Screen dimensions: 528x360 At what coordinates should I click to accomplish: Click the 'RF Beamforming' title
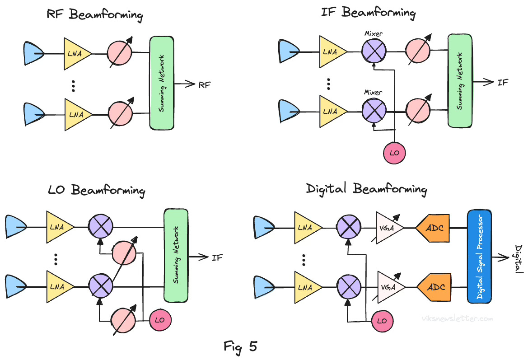(95, 15)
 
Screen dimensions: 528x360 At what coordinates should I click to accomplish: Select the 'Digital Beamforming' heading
(366, 189)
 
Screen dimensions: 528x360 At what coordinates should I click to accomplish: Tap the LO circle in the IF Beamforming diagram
(394, 153)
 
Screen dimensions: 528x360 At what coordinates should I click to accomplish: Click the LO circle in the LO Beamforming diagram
(160, 320)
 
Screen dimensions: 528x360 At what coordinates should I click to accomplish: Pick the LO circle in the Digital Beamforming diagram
(383, 321)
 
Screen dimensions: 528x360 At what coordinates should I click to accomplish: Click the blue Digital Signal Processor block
(480, 257)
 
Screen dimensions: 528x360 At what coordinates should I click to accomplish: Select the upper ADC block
(433, 228)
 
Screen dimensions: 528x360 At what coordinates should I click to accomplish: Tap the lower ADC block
(434, 287)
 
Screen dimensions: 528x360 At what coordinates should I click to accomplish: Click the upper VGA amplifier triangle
(389, 228)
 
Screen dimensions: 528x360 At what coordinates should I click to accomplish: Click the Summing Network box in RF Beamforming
(162, 83)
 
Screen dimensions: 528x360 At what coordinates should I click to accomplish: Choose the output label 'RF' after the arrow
(205, 85)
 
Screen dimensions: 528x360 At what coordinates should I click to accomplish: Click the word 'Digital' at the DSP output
(519, 259)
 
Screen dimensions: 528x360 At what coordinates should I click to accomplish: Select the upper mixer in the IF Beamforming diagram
(374, 51)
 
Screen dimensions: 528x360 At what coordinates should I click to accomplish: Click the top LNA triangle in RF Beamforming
(77, 54)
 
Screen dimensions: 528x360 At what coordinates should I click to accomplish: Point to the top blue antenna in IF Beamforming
(289, 51)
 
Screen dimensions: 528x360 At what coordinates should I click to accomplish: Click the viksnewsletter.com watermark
(457, 318)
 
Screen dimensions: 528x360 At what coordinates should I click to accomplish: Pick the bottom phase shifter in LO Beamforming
(123, 320)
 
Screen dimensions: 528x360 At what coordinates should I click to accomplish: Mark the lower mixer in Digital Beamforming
(349, 287)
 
